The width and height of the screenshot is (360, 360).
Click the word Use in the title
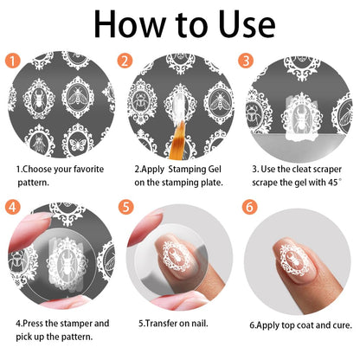[x=247, y=24]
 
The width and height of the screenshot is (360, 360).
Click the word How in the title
[x=129, y=24]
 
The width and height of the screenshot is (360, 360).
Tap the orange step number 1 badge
[x=13, y=61]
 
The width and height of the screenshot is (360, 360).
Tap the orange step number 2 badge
[x=125, y=61]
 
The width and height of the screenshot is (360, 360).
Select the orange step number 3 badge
[x=246, y=61]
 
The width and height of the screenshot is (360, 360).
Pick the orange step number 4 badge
[x=13, y=207]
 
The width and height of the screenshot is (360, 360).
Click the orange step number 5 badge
[x=125, y=207]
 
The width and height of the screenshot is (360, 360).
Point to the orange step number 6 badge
[x=249, y=207]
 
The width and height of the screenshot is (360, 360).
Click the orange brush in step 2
[x=177, y=141]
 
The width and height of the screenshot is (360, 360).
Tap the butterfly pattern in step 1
[x=78, y=145]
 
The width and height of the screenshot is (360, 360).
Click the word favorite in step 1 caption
[x=88, y=169]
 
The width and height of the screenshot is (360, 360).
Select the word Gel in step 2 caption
[x=214, y=169]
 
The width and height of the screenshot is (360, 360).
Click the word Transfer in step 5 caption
[x=160, y=324]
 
